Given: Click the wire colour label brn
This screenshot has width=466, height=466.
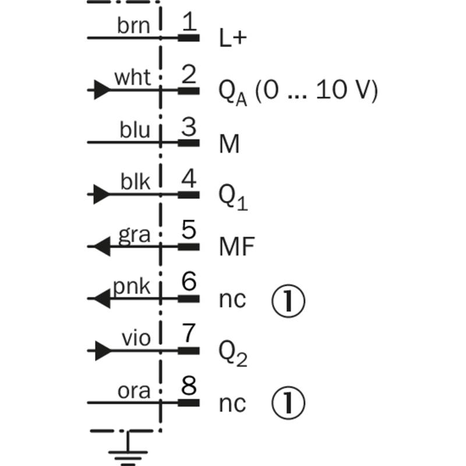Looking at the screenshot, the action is (133, 26).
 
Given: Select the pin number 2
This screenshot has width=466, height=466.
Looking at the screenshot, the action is (189, 74).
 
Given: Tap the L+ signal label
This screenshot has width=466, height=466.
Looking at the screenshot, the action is (232, 38).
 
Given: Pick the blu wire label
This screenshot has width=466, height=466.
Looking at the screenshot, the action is (135, 130).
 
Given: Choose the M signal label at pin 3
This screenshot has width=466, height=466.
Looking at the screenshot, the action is (229, 144).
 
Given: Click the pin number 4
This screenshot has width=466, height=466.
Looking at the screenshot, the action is (189, 178).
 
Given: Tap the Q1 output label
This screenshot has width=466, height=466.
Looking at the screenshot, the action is (232, 197).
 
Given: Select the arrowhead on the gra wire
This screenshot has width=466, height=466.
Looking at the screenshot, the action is (103, 246).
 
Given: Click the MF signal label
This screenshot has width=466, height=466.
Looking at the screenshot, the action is (237, 246).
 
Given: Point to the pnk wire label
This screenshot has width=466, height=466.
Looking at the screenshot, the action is (132, 287).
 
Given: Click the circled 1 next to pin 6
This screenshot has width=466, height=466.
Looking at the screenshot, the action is (288, 300).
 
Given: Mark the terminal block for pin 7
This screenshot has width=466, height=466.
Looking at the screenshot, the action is (189, 351).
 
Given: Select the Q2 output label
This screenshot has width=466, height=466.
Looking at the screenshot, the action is (233, 353).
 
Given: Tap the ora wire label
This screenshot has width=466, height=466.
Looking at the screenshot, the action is (134, 391).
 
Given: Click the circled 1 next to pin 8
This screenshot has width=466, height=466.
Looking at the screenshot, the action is (288, 403).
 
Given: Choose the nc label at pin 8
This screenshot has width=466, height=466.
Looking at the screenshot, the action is (232, 404).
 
